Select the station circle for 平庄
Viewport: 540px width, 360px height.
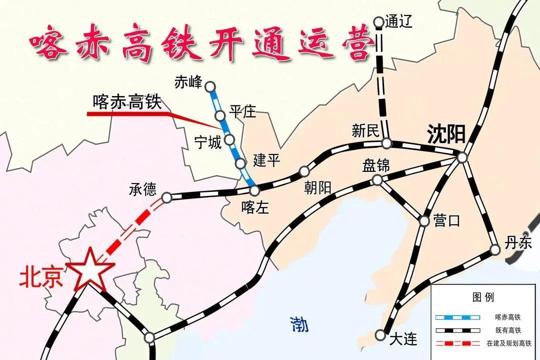[x=220, y=116]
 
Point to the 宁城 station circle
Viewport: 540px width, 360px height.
[x=229, y=139]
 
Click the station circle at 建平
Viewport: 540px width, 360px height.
[x=240, y=163]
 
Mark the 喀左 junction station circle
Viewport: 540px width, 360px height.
[x=254, y=190]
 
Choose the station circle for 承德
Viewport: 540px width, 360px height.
[x=167, y=198]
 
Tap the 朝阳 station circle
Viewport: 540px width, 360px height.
[x=303, y=172]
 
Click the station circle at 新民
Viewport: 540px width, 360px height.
[x=386, y=144]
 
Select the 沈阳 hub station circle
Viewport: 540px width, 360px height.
[x=462, y=157]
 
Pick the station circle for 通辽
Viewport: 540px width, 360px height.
[x=378, y=22]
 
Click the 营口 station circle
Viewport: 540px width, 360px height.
[x=424, y=220]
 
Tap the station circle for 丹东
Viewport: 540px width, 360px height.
[x=495, y=249]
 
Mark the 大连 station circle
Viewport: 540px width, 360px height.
[x=381, y=334]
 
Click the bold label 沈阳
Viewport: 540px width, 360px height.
[x=446, y=134]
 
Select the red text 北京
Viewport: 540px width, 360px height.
[x=41, y=278]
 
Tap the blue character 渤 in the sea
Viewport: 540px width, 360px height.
[x=299, y=325]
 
